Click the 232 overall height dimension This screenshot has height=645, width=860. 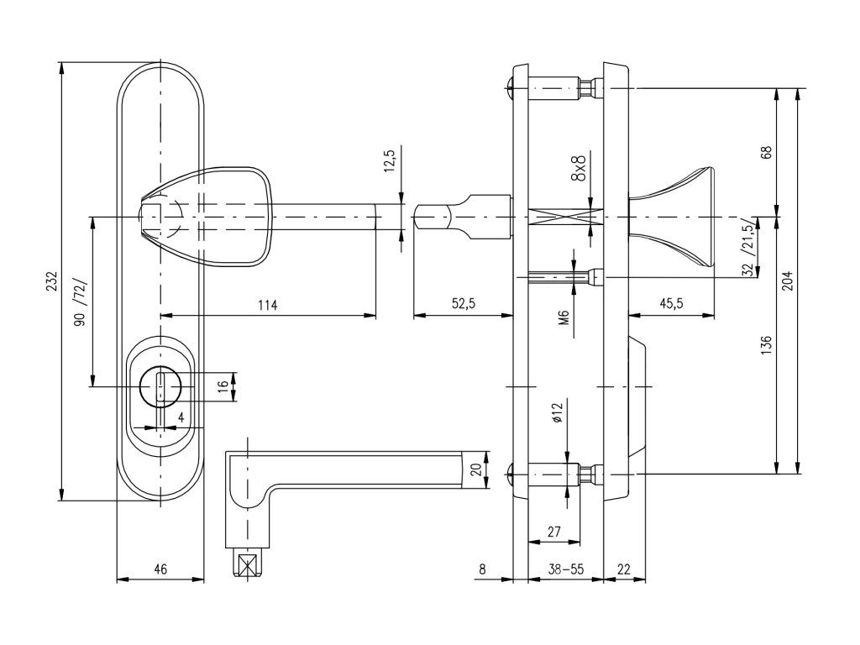(51, 280)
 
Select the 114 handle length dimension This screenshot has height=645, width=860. (266, 304)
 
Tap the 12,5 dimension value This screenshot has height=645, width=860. (388, 160)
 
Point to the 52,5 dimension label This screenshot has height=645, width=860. (463, 304)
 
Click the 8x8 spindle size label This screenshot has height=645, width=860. (579, 169)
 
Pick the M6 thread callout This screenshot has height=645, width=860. (564, 317)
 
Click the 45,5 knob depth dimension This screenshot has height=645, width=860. (670, 304)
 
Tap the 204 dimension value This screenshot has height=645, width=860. (787, 280)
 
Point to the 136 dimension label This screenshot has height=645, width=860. (765, 344)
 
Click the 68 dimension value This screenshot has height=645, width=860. (765, 153)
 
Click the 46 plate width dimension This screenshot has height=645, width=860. (160, 569)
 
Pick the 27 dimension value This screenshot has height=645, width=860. (553, 531)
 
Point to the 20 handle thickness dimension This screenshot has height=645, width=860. (477, 469)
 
